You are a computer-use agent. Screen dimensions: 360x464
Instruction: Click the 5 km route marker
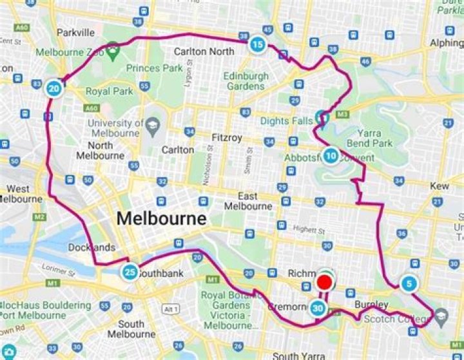(409, 283)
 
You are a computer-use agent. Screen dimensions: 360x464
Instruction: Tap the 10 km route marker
(330, 156)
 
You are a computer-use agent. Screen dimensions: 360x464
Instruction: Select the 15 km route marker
(257, 44)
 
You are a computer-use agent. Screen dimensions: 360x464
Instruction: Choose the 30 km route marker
(318, 308)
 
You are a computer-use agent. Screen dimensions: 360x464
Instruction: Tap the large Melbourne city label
(162, 218)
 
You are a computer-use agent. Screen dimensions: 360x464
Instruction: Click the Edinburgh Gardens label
(246, 81)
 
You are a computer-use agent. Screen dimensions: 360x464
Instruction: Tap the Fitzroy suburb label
(226, 137)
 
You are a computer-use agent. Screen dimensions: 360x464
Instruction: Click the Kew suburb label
(440, 185)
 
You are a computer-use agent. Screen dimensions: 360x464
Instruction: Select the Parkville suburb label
(75, 32)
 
